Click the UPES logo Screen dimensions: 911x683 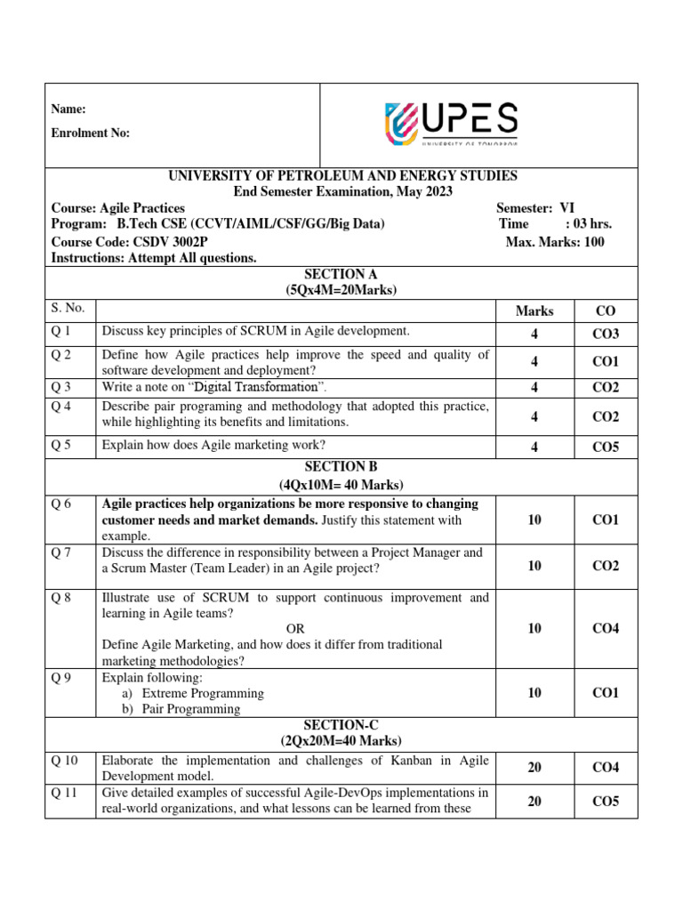451,124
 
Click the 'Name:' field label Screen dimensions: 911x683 68,109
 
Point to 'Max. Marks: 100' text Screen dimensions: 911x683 555,242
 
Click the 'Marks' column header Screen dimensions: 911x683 534,310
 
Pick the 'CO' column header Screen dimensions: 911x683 605,310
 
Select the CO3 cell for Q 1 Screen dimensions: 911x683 605,334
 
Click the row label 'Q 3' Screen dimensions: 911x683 60,387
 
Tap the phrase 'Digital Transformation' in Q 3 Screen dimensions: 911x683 256,387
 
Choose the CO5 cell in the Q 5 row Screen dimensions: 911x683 605,447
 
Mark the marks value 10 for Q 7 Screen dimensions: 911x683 534,566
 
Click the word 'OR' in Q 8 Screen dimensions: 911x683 295,628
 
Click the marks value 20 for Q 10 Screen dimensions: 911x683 534,767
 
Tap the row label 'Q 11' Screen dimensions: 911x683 65,793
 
